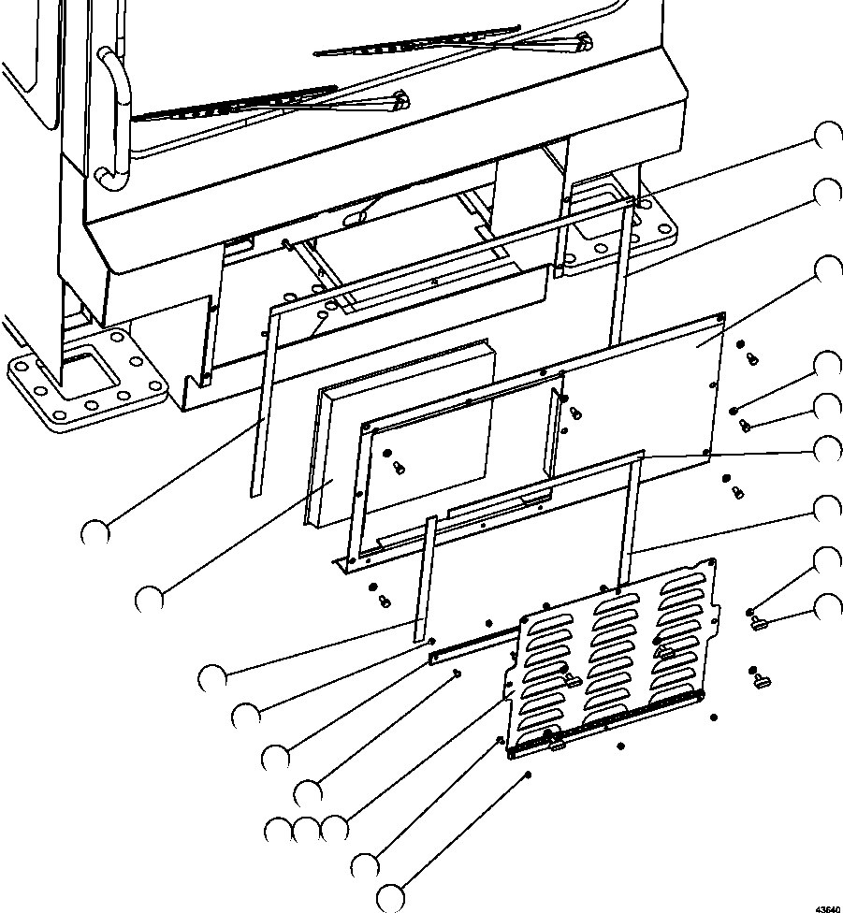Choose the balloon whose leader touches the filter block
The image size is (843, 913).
click(149, 601)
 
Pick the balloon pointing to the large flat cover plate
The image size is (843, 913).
click(828, 270)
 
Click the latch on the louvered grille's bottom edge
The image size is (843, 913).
click(556, 744)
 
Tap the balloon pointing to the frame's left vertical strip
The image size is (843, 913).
click(94, 532)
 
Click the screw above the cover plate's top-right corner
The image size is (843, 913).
click(752, 359)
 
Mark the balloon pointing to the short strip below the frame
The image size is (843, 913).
click(212, 678)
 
